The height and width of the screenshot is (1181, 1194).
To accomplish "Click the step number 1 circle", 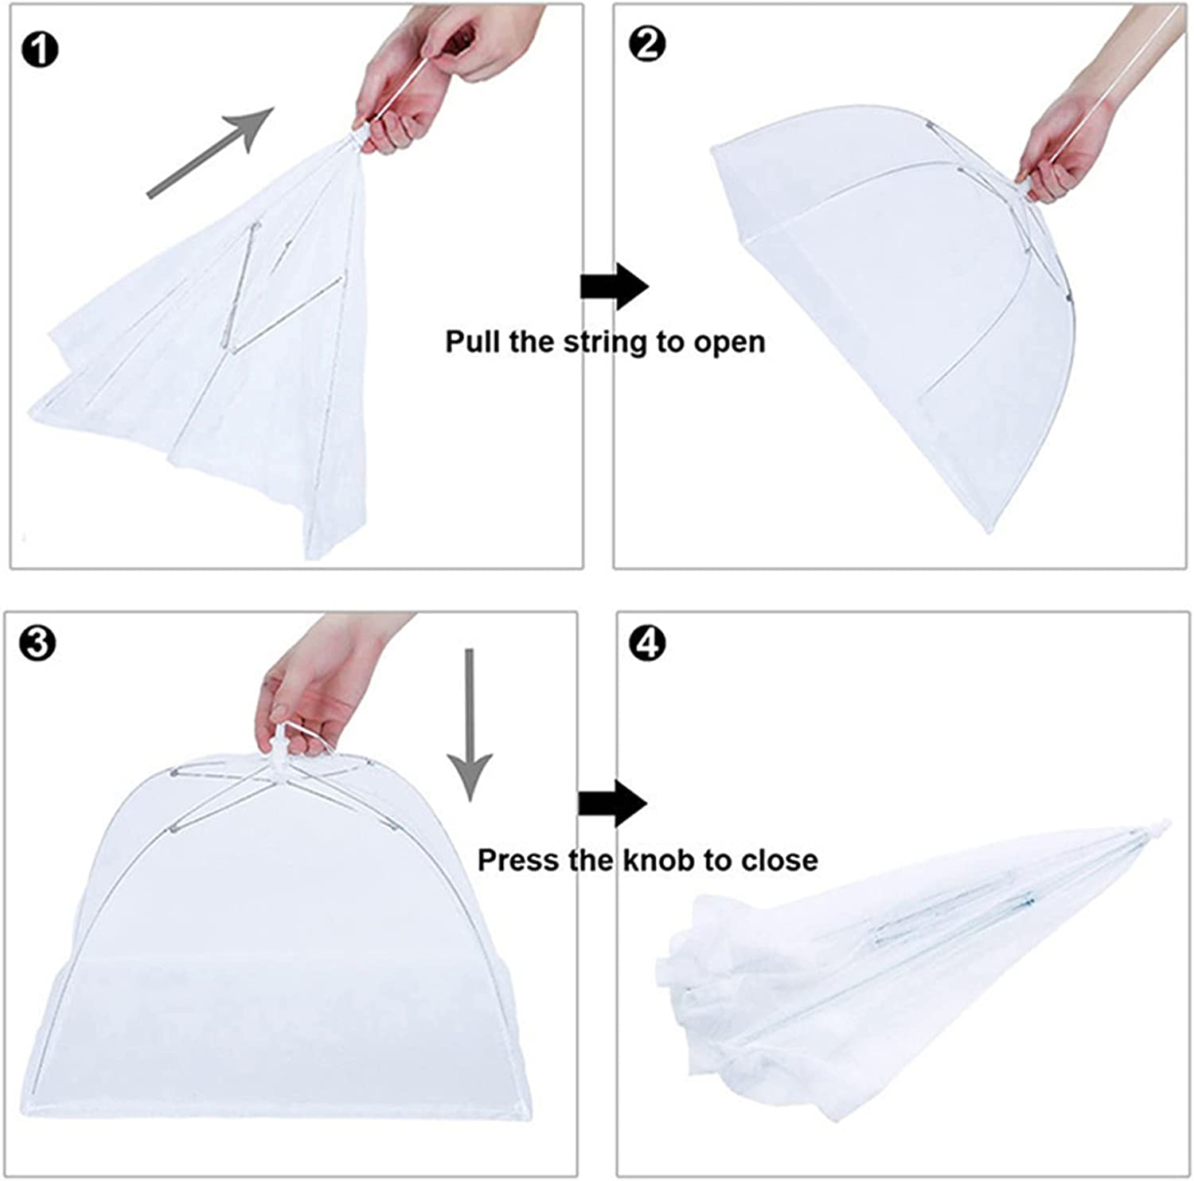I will click(40, 50).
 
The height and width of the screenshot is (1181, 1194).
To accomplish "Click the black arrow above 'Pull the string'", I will click(614, 286).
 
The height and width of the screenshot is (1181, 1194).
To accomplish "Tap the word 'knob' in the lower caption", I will click(656, 860).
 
